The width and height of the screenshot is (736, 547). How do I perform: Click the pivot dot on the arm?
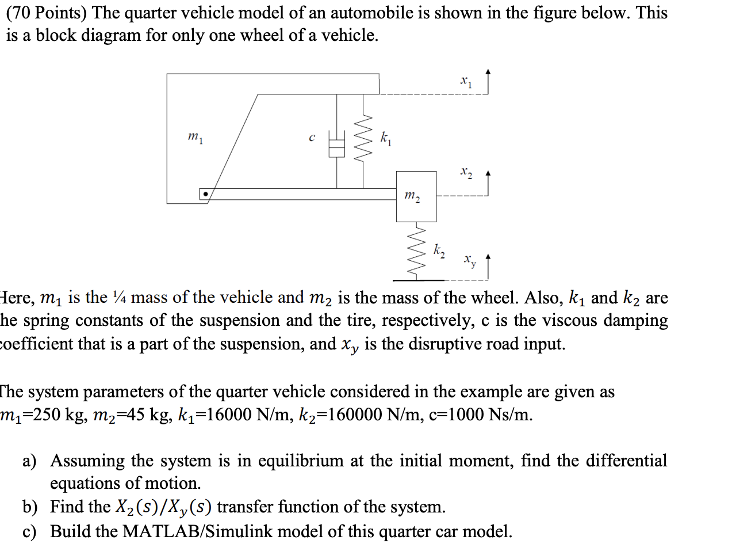pyautogui.click(x=204, y=195)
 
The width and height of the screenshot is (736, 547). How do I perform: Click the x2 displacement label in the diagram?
pyautogui.click(x=466, y=172)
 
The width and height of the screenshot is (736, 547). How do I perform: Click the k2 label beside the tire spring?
pyautogui.click(x=439, y=250)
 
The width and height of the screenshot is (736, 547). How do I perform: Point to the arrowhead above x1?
pyautogui.click(x=488, y=72)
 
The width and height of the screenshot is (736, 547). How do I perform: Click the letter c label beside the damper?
pyautogui.click(x=312, y=138)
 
